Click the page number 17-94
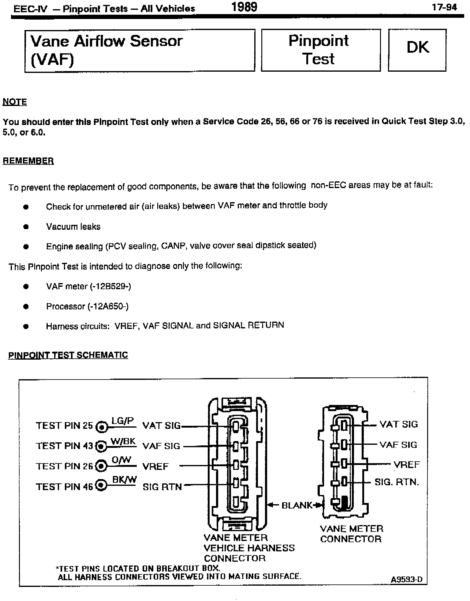(x=444, y=8)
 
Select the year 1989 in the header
(x=244, y=7)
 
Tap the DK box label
(x=417, y=47)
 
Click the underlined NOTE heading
(x=15, y=102)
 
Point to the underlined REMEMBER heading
(x=28, y=161)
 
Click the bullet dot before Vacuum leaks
(x=26, y=227)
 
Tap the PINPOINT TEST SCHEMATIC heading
(x=68, y=355)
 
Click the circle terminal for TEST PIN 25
(x=102, y=427)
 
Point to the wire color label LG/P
(x=122, y=421)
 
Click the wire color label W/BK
(x=123, y=441)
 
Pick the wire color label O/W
(x=121, y=460)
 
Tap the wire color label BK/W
(x=124, y=480)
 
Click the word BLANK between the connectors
(x=297, y=505)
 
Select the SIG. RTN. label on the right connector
(x=397, y=482)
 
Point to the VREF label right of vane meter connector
(x=407, y=465)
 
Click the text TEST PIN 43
(x=64, y=446)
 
